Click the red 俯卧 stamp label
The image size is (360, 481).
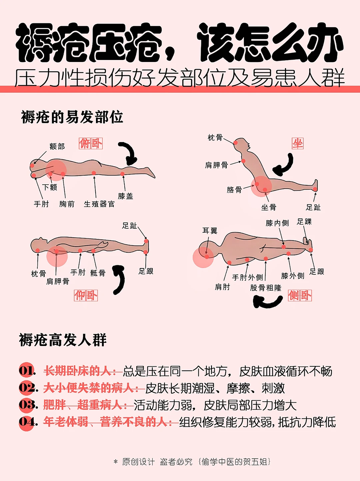(x=91, y=144)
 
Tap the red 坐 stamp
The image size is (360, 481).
(x=298, y=144)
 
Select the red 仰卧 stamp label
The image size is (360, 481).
(x=86, y=295)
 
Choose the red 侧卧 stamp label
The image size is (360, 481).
(x=300, y=295)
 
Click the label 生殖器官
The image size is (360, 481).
(x=99, y=204)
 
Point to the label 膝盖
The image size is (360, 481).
(x=126, y=196)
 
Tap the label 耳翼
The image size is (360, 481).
(x=210, y=231)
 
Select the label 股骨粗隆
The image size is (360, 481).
(x=266, y=288)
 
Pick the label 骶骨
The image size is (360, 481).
(x=98, y=273)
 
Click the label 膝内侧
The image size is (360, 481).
(x=277, y=223)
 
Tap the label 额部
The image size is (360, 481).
(x=57, y=146)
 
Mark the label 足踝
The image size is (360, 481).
(x=304, y=222)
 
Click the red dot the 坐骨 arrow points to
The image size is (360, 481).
(x=265, y=190)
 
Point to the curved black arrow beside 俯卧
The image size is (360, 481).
(x=129, y=153)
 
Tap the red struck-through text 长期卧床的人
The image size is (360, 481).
(x=78, y=371)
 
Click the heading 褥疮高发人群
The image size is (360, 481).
(x=63, y=340)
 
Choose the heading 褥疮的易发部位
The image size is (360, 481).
(x=72, y=117)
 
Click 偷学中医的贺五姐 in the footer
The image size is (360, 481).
(x=234, y=462)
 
